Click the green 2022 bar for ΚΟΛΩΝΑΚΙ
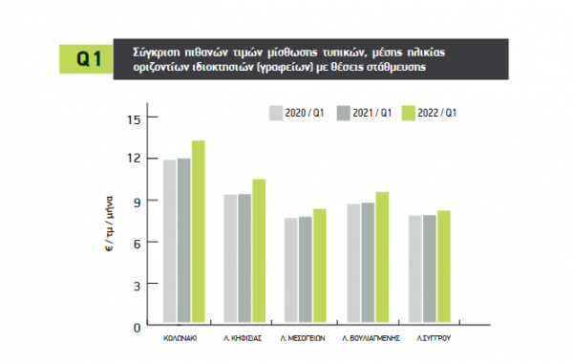tap(199, 231)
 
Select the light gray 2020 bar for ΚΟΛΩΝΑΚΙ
tap(170, 241)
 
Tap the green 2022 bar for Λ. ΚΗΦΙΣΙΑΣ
tap(259, 250)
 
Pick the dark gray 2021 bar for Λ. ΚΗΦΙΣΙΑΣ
tap(244, 258)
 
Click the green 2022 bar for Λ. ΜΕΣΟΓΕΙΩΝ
tap(320, 266)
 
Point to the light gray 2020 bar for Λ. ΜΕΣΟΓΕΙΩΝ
tap(291, 270)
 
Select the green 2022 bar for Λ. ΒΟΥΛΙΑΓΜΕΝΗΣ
tap(382, 257)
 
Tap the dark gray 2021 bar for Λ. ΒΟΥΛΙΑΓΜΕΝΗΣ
tap(368, 263)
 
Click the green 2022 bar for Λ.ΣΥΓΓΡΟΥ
tap(444, 267)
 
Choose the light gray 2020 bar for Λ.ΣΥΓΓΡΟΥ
tap(415, 269)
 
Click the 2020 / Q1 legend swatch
tap(276, 114)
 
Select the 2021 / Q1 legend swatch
tap(344, 114)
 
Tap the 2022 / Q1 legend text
tap(437, 113)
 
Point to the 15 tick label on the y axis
tap(134, 119)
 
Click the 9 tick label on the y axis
tap(137, 203)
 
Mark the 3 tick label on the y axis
tap(137, 286)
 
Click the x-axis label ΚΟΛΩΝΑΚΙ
tap(180, 338)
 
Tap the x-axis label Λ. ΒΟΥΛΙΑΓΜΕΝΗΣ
tap(371, 338)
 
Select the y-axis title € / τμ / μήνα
tap(110, 224)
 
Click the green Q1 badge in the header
tap(86, 59)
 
